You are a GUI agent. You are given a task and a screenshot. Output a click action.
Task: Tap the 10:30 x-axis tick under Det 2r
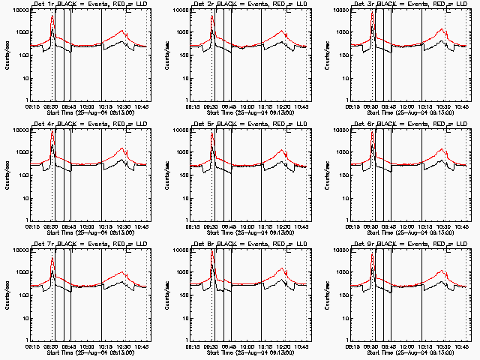pyautogui.click(x=285, y=106)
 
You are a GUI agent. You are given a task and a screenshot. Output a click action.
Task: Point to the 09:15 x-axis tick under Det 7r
pyautogui.click(x=32, y=346)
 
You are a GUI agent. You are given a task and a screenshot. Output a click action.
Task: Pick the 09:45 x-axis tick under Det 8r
pyautogui.click(x=229, y=346)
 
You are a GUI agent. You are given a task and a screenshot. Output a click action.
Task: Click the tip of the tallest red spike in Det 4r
pyautogui.click(x=52, y=132)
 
